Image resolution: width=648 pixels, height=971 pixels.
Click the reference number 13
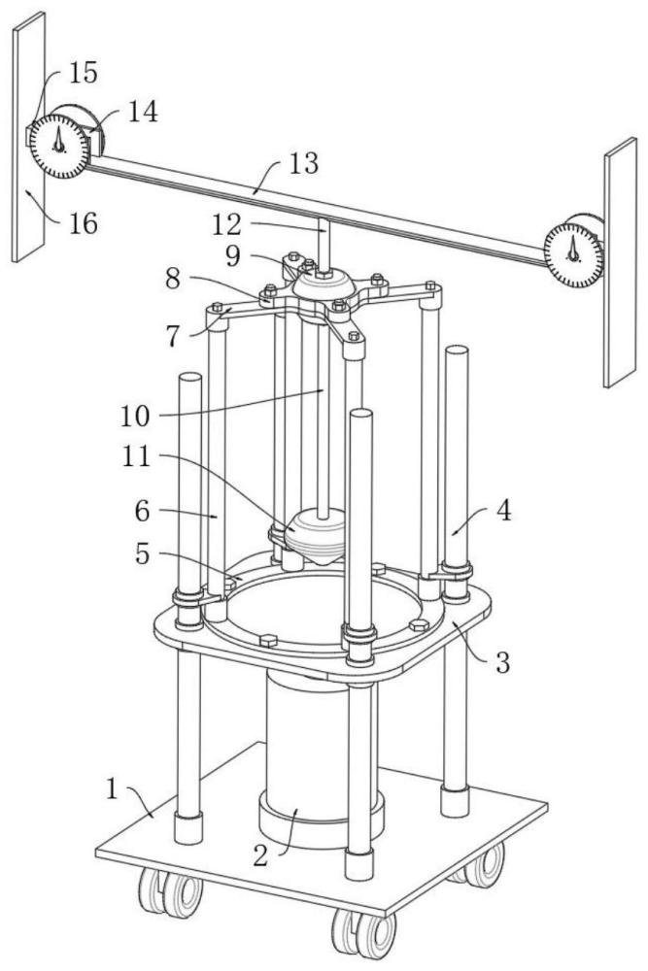click(303, 164)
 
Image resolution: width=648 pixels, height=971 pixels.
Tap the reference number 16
click(83, 223)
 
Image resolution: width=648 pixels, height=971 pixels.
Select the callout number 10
click(135, 416)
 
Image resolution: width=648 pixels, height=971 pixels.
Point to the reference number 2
click(260, 855)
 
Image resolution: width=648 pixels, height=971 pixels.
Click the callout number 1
click(112, 789)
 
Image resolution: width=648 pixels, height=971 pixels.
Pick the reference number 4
click(504, 511)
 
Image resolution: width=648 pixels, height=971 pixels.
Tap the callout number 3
click(503, 662)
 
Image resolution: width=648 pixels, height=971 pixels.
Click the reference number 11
click(136, 457)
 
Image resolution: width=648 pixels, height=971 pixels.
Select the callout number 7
click(173, 336)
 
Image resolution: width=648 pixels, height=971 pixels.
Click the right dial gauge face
click(573, 254)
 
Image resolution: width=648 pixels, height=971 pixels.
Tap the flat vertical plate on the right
click(620, 262)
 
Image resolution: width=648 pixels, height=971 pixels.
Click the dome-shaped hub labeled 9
click(324, 285)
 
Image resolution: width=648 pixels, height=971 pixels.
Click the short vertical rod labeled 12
click(324, 244)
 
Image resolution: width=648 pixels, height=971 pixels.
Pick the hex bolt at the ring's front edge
click(268, 641)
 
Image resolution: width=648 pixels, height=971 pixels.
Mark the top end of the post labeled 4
click(457, 350)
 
